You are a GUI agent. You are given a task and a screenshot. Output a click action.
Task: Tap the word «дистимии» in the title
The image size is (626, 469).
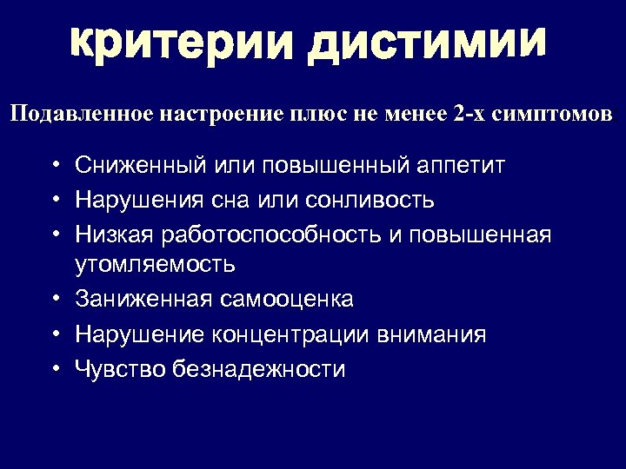[x=426, y=42]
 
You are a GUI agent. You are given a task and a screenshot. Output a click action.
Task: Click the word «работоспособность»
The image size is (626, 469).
[x=276, y=235]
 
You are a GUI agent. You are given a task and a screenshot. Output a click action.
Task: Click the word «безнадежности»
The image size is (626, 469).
[x=259, y=370]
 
